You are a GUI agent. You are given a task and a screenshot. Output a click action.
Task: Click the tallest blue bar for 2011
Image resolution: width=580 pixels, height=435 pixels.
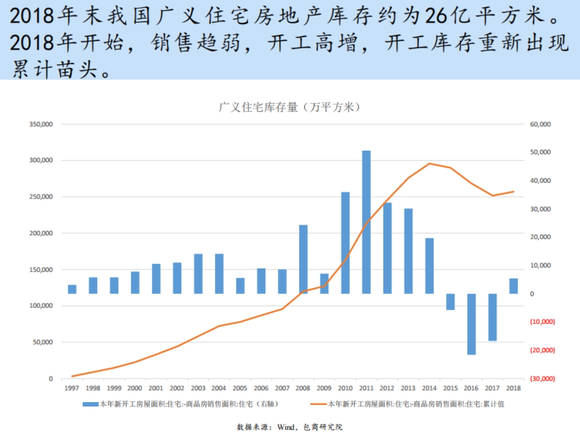coord(366,222)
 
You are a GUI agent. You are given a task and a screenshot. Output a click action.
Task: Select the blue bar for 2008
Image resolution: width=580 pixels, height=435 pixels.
coord(304,259)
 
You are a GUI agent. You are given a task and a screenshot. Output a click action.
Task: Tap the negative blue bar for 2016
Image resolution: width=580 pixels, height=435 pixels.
coord(471,324)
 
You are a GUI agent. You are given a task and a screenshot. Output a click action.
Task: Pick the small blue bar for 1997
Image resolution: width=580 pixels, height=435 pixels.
coord(72,289)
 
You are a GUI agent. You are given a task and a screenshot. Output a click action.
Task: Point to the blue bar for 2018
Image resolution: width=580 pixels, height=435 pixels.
coord(513,286)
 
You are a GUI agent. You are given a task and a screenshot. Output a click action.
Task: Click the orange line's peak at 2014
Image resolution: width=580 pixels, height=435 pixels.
coord(430,163)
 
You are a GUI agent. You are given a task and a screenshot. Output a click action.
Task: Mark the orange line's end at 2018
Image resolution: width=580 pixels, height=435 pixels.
coord(513,191)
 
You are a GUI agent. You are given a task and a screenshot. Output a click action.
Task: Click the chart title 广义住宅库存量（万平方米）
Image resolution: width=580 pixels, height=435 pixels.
coord(290,107)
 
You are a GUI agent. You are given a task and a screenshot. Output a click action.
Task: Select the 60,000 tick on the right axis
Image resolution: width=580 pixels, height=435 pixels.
coord(540,124)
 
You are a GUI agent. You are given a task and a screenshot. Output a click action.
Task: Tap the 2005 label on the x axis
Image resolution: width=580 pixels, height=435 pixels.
coord(240,388)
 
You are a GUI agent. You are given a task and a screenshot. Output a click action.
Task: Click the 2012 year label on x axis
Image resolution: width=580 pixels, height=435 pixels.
coord(387,388)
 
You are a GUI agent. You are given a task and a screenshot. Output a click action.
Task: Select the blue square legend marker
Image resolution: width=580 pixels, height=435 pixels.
coord(90,404)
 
